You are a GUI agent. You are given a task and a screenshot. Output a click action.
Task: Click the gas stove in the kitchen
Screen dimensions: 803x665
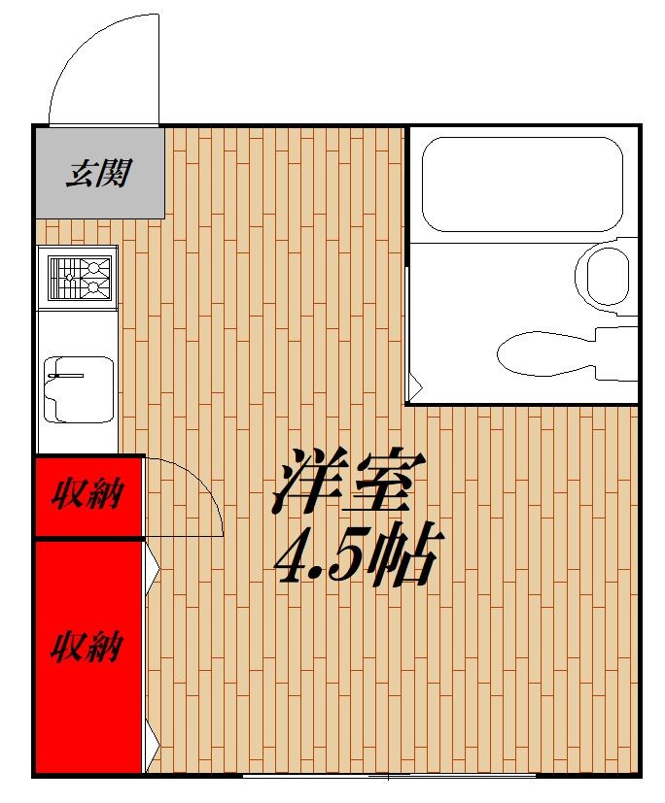[x=77, y=277]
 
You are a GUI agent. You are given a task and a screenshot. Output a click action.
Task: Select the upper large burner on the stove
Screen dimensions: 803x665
[x=94, y=266]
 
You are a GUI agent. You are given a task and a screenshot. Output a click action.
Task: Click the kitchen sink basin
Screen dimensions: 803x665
[x=78, y=388]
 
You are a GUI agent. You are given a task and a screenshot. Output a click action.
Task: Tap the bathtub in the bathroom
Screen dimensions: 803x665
[x=521, y=183]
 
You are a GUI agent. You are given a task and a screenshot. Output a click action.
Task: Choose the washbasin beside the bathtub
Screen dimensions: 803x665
[x=608, y=276]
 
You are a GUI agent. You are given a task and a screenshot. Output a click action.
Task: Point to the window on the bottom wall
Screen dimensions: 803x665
[x=389, y=775]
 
